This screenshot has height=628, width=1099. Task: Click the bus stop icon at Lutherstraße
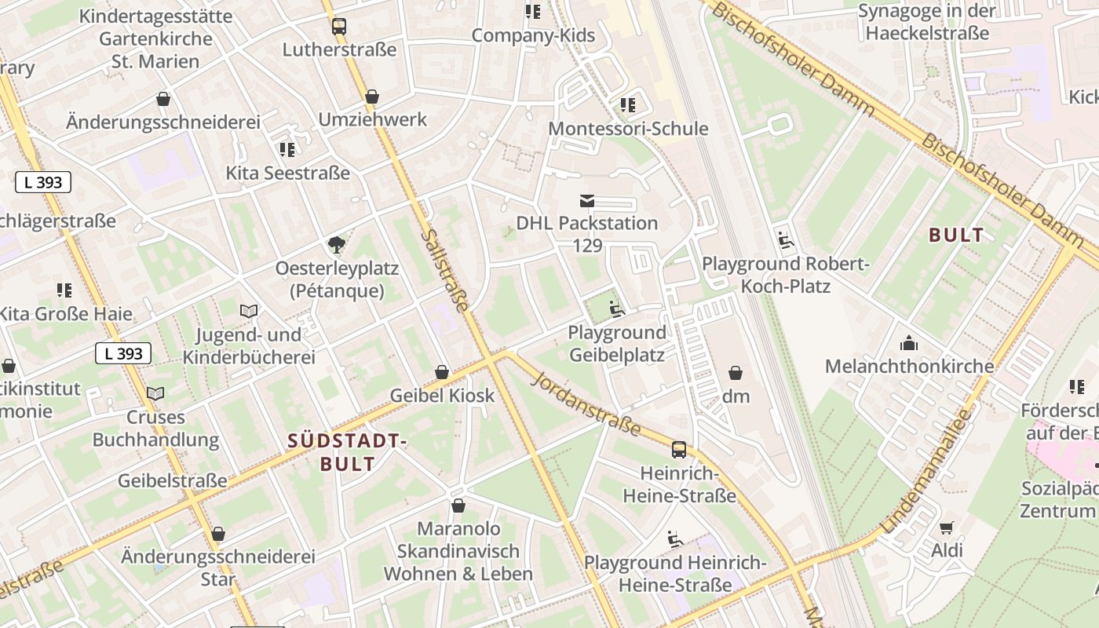point(338,27)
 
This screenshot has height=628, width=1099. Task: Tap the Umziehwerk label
point(372,119)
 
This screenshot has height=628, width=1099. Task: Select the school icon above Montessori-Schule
point(627,104)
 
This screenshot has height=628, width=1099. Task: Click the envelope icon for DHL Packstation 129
point(586,201)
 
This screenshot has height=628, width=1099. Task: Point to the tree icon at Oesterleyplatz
point(338,245)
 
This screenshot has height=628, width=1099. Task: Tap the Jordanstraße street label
point(586,405)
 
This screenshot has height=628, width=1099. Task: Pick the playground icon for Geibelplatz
point(617,309)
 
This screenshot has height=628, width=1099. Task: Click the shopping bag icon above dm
point(736,373)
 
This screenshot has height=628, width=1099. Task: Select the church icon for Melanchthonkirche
point(909,343)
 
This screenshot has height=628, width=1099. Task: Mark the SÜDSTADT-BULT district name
point(347,451)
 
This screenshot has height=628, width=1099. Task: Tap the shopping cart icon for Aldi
point(947,528)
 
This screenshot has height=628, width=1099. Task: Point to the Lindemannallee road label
point(927,472)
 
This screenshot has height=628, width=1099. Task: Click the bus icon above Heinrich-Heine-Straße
point(679,450)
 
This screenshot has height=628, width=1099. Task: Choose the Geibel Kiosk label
point(442,395)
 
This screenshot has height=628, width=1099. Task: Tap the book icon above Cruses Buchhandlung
point(156,393)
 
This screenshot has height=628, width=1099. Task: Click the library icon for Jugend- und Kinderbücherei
point(249,312)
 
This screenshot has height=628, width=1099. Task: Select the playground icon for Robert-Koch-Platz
point(785,239)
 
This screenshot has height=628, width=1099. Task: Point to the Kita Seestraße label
point(287,173)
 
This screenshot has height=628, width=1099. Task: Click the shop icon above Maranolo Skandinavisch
point(458,506)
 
